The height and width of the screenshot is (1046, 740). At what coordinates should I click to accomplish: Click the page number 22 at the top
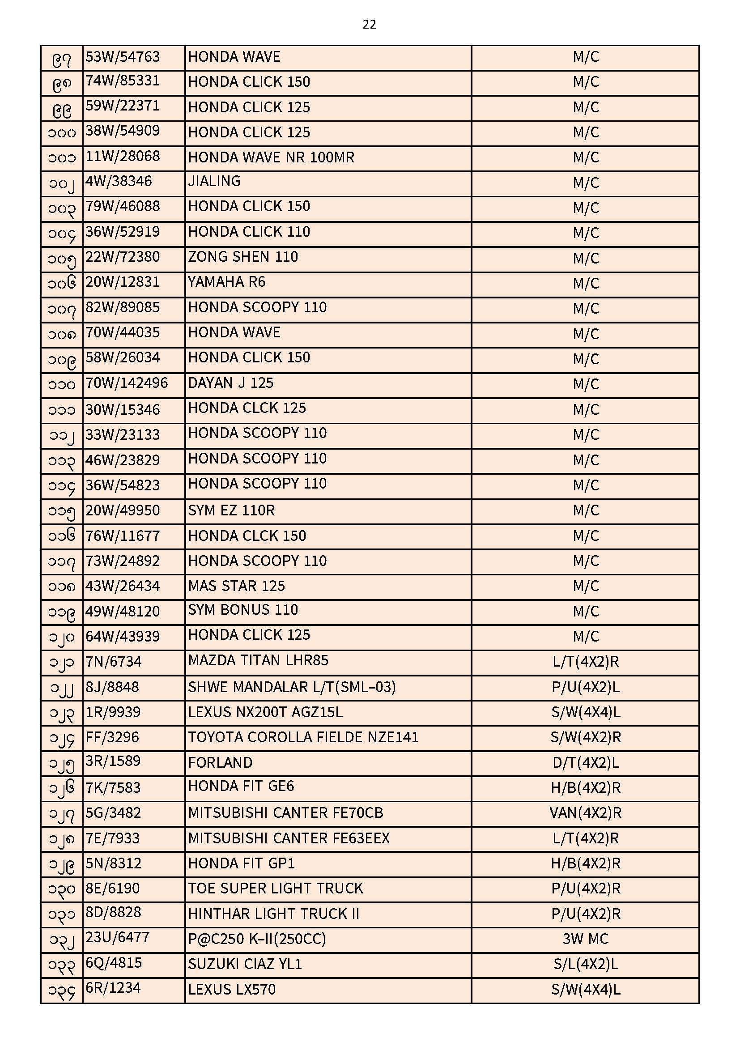click(369, 25)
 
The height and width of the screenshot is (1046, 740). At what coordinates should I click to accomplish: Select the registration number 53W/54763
click(123, 57)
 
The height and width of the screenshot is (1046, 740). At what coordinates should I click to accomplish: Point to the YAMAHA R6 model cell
click(226, 282)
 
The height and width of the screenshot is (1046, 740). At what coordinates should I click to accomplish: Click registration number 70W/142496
click(127, 383)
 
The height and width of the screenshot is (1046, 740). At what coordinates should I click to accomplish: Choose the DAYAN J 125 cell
click(230, 383)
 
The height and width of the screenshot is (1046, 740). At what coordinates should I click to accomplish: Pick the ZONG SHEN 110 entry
click(243, 257)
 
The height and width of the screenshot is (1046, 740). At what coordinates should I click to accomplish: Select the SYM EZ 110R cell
click(231, 510)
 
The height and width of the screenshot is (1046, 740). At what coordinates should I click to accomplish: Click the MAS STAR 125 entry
click(237, 586)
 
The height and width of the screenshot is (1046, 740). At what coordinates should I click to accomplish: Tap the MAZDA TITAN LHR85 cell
click(258, 661)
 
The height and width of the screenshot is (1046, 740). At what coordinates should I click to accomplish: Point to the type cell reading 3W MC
click(586, 939)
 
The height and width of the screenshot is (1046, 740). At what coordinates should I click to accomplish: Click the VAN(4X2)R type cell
click(586, 813)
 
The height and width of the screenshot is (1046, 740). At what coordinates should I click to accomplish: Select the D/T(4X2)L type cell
click(586, 763)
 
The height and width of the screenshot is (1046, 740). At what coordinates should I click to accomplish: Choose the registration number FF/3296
click(112, 737)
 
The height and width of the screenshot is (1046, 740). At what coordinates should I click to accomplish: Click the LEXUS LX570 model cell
click(232, 990)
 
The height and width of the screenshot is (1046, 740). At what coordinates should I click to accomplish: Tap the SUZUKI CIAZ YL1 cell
click(245, 964)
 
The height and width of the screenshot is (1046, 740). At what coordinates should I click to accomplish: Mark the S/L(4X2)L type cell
click(586, 964)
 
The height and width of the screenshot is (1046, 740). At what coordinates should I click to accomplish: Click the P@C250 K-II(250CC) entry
click(257, 939)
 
